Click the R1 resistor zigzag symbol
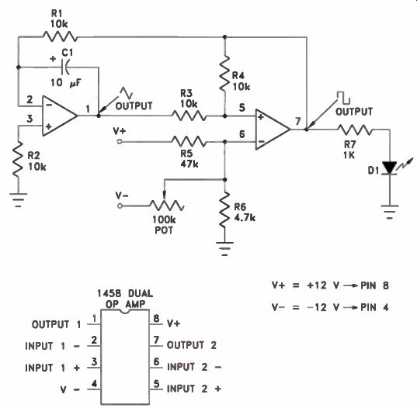click(60, 36)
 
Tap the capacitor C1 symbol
click(65, 67)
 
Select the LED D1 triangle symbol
click(390, 168)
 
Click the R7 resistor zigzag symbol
click(355, 130)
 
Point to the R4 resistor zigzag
click(224, 73)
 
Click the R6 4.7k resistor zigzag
click(224, 209)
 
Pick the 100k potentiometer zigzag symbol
click(167, 206)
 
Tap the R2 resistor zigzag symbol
click(18, 160)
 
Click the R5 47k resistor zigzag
click(189, 142)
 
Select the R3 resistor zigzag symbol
click(189, 116)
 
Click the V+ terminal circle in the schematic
click(120, 142)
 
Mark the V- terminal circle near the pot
click(120, 206)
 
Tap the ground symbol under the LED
click(390, 212)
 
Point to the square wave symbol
click(343, 98)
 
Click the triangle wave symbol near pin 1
click(127, 92)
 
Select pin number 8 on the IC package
click(156, 318)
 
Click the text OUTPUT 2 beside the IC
click(192, 345)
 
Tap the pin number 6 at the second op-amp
click(242, 134)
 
